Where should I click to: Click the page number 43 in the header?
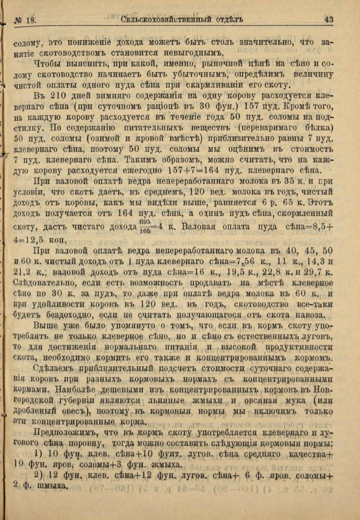(x=328, y=20)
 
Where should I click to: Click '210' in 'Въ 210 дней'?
(x=65, y=95)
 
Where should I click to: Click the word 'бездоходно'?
(x=65, y=315)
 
